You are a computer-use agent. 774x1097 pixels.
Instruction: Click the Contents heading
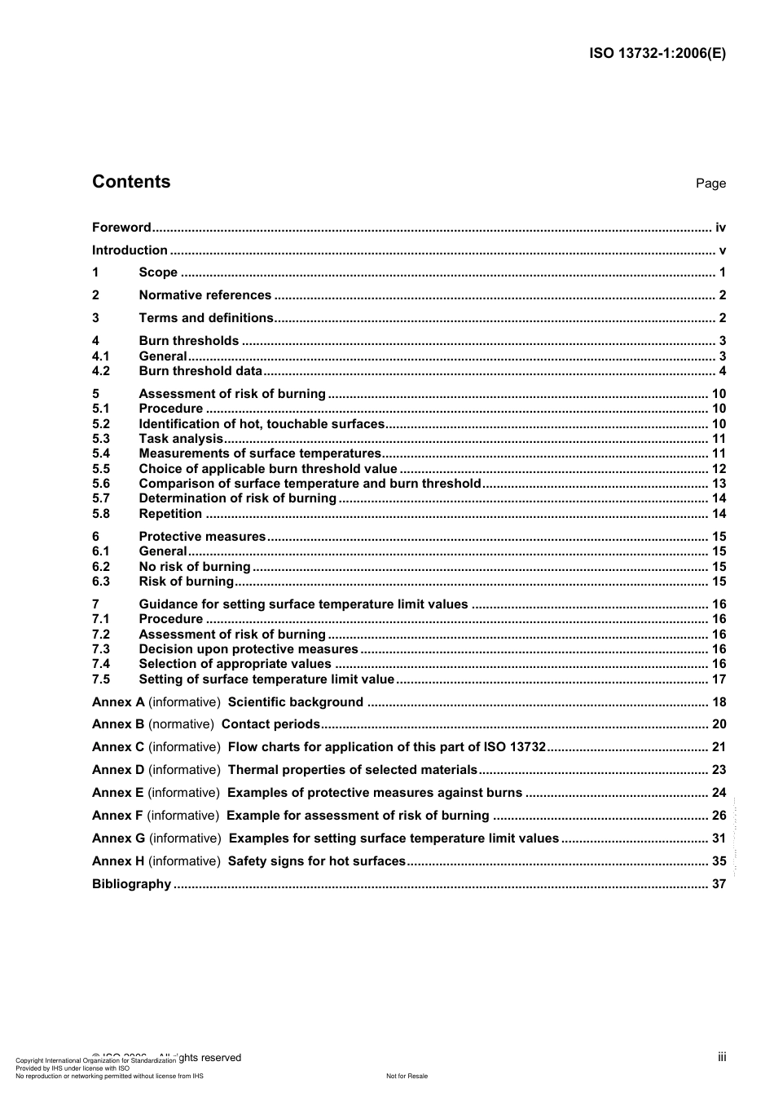(131, 182)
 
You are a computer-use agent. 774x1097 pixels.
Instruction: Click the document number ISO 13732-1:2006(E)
(657, 54)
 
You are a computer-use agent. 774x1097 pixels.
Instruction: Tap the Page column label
(710, 184)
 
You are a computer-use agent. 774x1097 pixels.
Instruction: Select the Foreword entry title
(121, 228)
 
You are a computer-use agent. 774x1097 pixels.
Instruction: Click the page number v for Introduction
(722, 250)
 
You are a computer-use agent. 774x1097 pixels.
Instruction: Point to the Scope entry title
(158, 272)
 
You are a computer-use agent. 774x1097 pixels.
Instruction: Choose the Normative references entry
(204, 295)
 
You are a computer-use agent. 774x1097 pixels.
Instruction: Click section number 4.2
(101, 371)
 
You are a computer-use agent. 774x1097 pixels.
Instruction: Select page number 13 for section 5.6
(719, 484)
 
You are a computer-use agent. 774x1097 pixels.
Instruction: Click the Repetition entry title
(170, 514)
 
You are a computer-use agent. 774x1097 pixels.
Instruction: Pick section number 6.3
(101, 582)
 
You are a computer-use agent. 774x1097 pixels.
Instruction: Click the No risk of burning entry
(195, 567)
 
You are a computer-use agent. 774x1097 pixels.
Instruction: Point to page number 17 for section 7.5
(719, 679)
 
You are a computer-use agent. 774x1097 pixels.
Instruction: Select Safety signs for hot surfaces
(316, 861)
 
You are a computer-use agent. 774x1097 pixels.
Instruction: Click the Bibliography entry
(131, 884)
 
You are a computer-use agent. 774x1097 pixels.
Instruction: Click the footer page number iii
(722, 1057)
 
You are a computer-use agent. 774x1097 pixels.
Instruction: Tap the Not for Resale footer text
(407, 1076)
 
